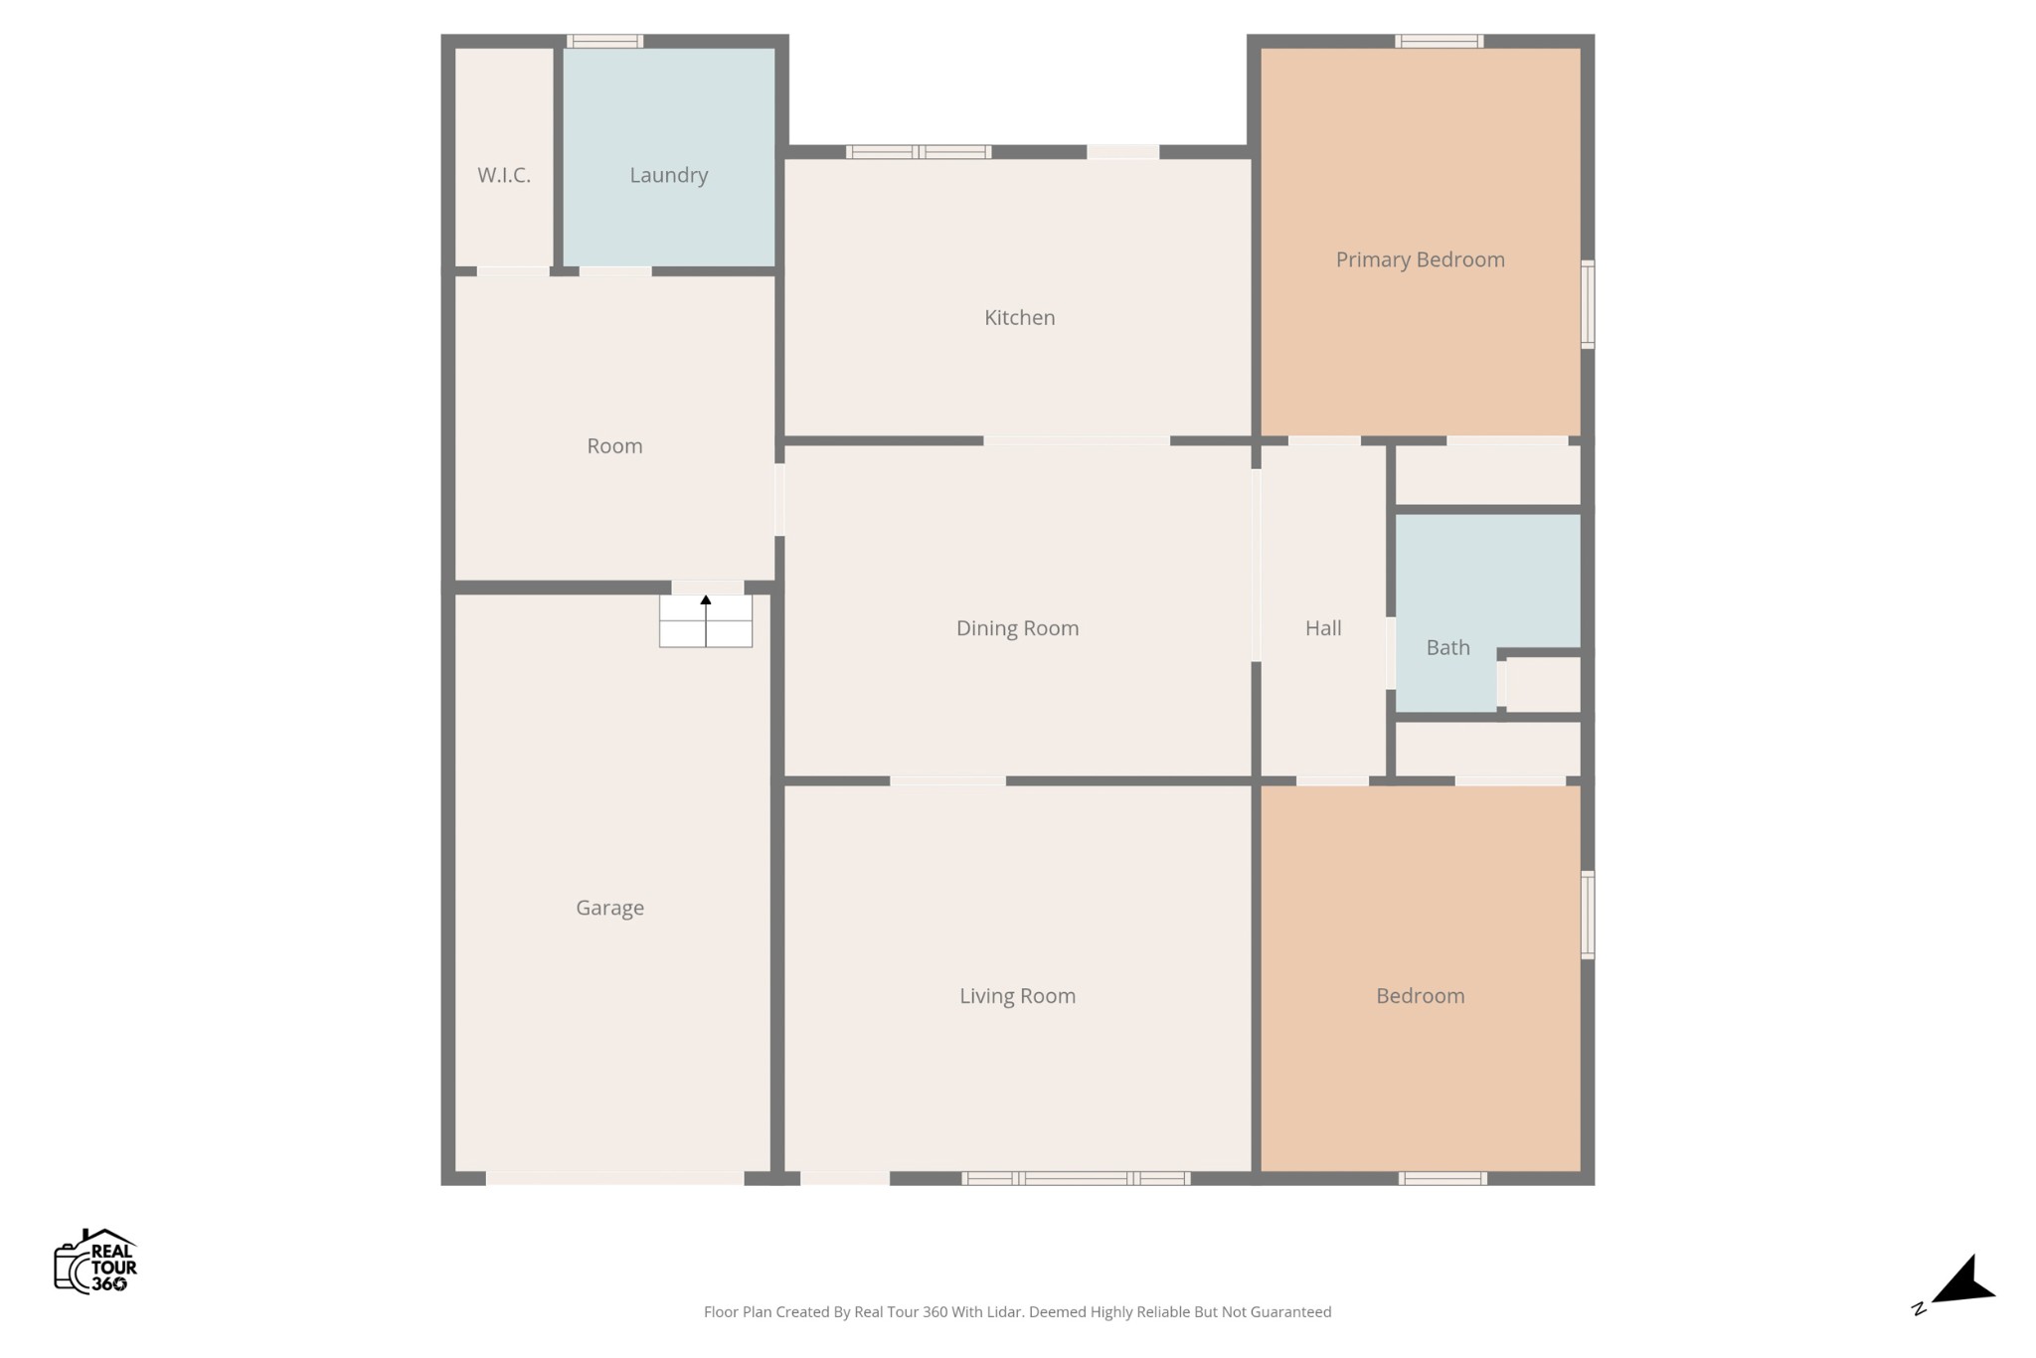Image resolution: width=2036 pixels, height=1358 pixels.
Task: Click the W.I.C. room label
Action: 504,176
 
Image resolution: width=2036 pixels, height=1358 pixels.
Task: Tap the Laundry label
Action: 669,176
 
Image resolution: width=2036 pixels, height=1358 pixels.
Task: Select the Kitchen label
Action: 1020,317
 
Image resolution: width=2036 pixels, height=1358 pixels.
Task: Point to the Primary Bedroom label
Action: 1421,259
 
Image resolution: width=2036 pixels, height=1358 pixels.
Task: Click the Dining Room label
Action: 1018,628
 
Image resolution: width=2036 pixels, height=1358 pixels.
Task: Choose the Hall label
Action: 1323,628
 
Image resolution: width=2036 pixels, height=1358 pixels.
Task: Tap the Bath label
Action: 1448,648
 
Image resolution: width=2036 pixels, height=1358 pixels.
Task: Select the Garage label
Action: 610,908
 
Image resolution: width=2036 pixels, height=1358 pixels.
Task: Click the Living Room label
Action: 1018,996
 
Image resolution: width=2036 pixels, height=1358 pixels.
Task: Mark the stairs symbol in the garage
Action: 706,621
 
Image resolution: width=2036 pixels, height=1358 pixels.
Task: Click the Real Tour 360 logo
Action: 95,1262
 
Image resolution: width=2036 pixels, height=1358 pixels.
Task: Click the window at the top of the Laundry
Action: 604,41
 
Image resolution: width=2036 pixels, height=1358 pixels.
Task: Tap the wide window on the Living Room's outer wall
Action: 1076,1178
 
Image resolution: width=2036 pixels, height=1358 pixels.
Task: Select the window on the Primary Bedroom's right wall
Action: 1588,304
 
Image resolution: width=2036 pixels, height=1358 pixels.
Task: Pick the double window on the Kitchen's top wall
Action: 919,152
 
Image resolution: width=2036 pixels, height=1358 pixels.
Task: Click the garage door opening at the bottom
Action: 614,1178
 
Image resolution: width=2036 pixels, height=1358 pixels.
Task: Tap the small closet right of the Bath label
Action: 1542,684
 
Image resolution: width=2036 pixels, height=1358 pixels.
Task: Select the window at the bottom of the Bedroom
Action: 1442,1178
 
